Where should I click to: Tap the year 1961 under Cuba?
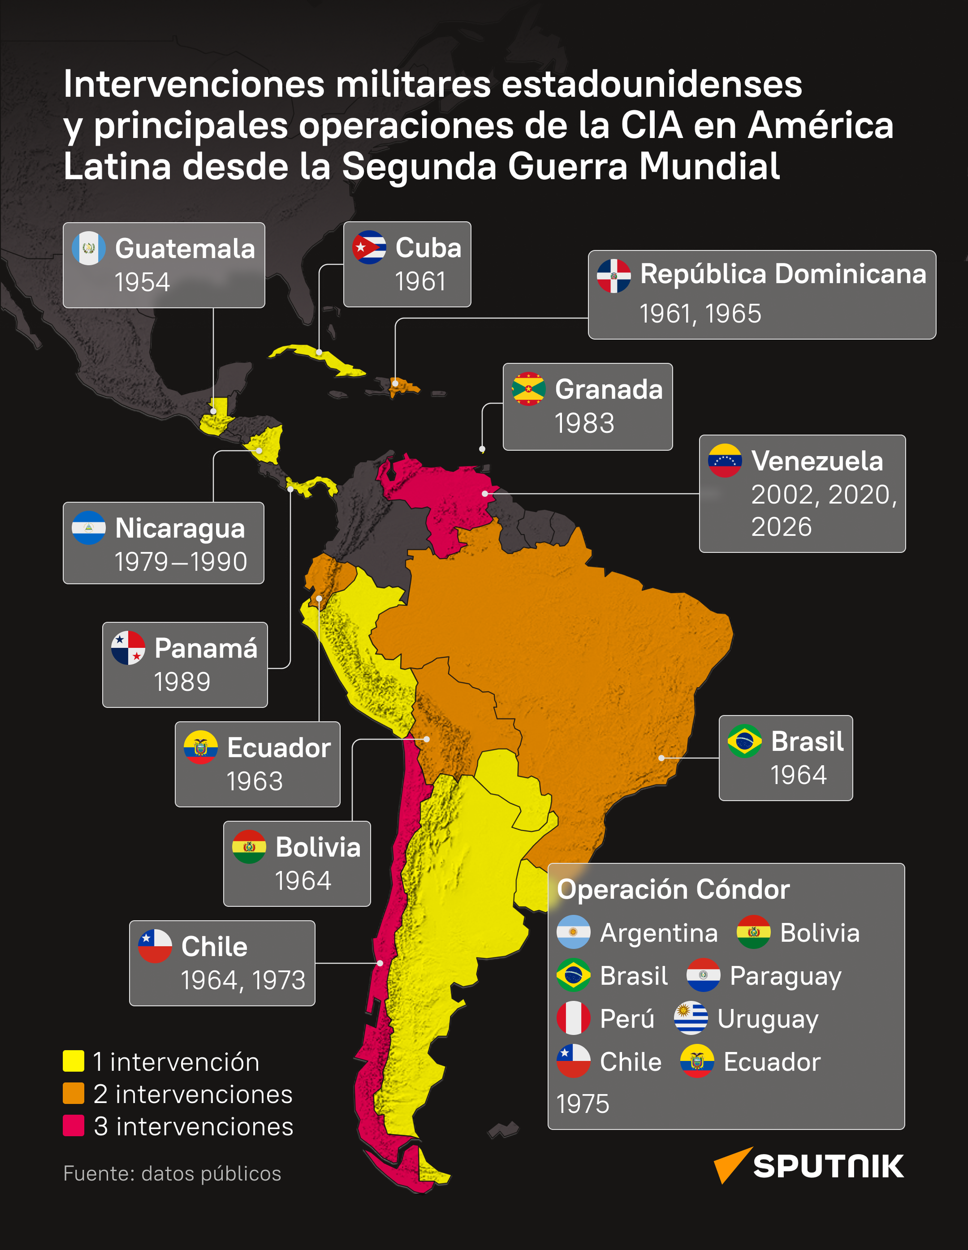point(420,281)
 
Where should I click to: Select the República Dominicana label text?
point(783,274)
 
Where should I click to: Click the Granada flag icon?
point(528,389)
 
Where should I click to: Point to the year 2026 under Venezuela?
point(781,526)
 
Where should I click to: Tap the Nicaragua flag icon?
point(89,528)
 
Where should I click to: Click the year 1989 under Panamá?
point(182,681)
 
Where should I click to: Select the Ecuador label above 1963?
point(279,748)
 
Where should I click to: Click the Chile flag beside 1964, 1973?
point(155,946)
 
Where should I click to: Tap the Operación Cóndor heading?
point(673,889)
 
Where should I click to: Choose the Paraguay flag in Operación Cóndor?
point(703,975)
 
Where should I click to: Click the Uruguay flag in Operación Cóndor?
point(691,1018)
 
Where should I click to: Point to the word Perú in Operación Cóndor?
point(627,1019)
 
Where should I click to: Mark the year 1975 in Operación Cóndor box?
point(583,1103)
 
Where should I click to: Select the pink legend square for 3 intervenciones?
point(73,1126)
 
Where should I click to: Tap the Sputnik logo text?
point(828,1166)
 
